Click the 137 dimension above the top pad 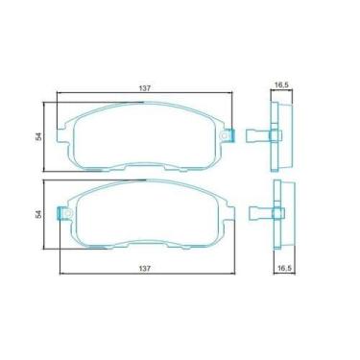click(145, 87)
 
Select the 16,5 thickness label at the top click(281, 85)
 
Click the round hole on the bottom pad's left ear click(65, 212)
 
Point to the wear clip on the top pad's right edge click(230, 136)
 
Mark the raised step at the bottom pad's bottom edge click(145, 248)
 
